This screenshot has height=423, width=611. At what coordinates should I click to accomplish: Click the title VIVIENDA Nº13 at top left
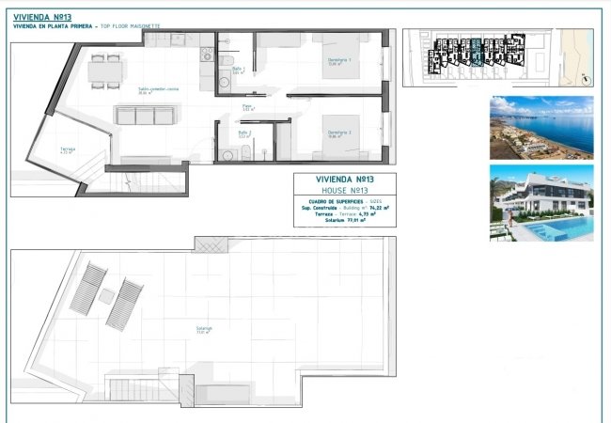coord(38,16)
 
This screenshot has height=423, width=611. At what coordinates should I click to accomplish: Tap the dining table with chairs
coord(105,70)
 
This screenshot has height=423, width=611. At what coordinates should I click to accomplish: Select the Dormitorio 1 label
coord(339,62)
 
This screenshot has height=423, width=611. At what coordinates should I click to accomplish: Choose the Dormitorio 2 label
coord(339,133)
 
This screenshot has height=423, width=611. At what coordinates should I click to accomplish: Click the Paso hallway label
coord(247,108)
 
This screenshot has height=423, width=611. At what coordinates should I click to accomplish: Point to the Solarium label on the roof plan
coord(204,329)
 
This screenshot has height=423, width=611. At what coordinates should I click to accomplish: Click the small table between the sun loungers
coord(106,295)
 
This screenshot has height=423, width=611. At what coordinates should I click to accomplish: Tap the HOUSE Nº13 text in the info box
coord(344,191)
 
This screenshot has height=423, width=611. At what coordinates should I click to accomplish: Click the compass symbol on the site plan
coord(584,77)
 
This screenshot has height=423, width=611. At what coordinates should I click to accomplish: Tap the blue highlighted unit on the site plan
coord(477,52)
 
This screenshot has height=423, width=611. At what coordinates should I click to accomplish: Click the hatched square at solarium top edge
coord(210,244)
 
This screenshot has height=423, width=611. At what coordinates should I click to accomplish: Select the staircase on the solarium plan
coord(141,388)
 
